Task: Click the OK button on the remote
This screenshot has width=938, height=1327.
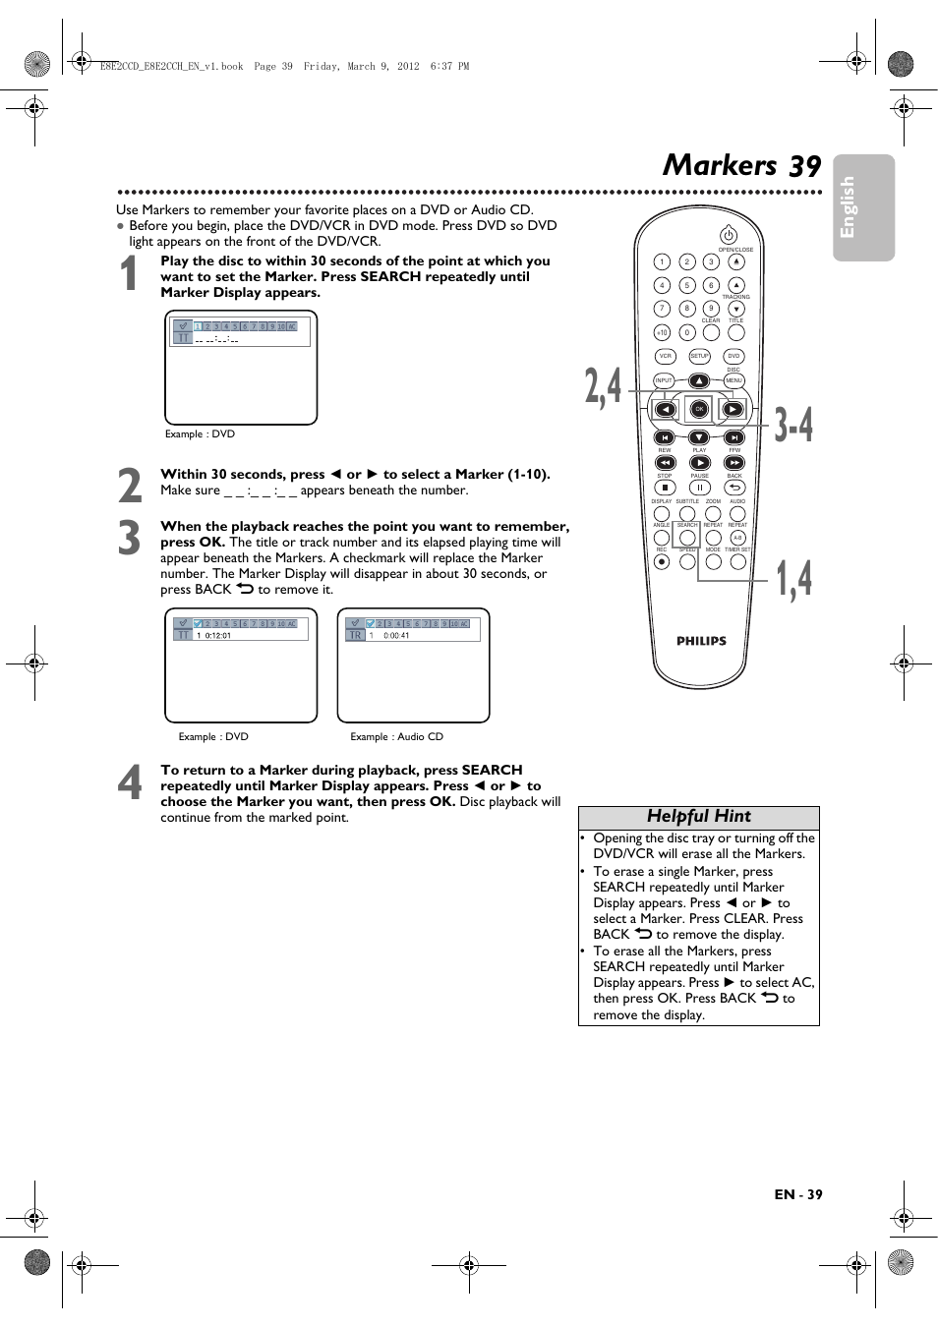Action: pos(699,409)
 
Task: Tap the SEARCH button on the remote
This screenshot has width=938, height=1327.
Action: pos(687,538)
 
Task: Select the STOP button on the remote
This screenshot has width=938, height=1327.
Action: pos(665,488)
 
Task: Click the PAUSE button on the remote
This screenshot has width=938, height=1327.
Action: pos(699,488)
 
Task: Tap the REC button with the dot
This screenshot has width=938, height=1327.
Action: pos(662,562)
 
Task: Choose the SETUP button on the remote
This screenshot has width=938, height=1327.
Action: pos(699,357)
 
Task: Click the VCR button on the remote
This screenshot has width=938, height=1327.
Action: pos(666,357)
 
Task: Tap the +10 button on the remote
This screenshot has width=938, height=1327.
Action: pos(662,333)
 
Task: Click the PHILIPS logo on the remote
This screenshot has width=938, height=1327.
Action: pos(701,641)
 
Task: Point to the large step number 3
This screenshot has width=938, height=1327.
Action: pos(130,539)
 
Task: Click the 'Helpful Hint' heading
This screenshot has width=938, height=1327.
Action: pos(698,817)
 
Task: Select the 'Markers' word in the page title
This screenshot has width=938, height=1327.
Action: pos(720,165)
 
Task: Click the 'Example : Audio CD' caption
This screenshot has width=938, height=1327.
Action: pos(396,737)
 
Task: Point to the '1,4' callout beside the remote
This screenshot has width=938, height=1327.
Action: pos(794,579)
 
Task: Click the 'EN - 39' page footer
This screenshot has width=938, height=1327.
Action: pos(797,1194)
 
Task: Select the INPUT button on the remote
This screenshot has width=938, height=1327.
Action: pos(664,380)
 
